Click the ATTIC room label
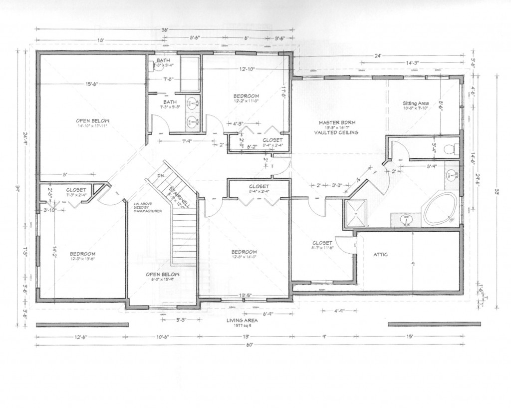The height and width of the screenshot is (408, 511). pos(381,255)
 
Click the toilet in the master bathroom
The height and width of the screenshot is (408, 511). pos(450,148)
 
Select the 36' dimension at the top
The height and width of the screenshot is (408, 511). pos(164,29)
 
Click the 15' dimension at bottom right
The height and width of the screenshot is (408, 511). pos(410,337)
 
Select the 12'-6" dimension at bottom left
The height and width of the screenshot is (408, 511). pos(80,337)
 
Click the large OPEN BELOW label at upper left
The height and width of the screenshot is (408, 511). pos(92,120)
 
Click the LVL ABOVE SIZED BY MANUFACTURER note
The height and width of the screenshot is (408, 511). pos(147,208)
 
